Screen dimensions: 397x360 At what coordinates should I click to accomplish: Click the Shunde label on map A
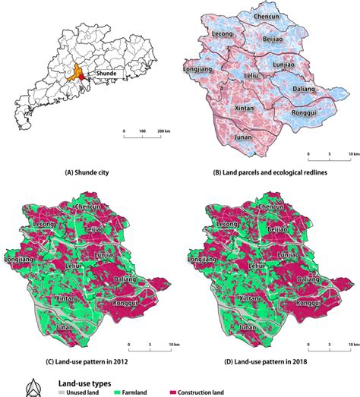(x=103, y=74)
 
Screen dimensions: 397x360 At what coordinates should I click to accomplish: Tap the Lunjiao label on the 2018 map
(x=289, y=257)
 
